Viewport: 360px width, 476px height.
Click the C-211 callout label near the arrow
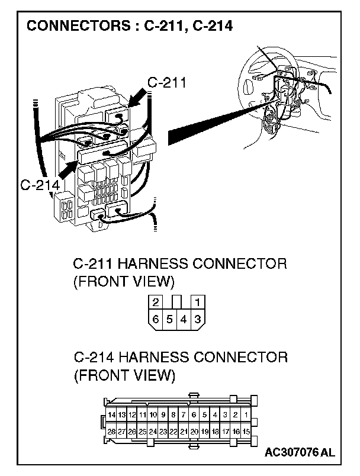coord(166,83)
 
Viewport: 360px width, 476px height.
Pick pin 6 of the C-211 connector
coord(155,319)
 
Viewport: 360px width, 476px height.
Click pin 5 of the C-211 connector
coord(169,319)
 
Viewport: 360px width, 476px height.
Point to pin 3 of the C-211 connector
coord(198,319)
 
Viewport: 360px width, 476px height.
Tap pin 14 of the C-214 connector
coord(111,415)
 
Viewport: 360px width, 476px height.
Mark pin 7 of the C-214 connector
coord(184,415)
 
